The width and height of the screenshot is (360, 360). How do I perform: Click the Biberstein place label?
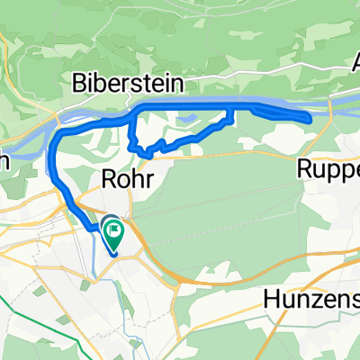point(129,82)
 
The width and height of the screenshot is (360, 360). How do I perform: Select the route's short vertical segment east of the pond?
point(235,114)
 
